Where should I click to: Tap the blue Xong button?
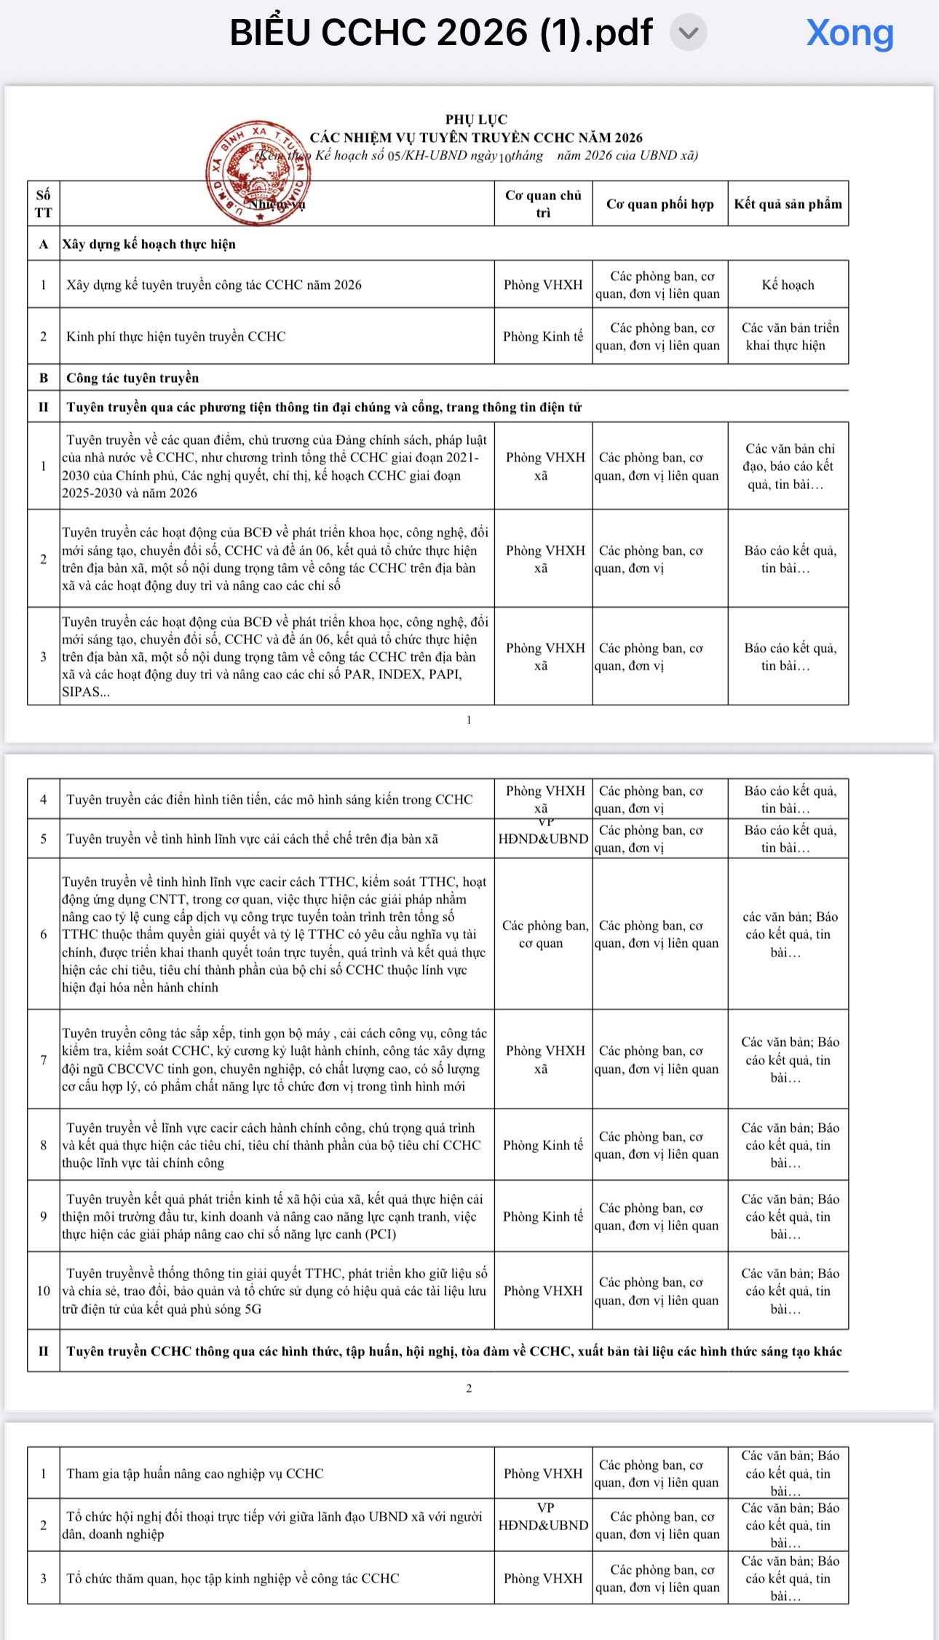pyautogui.click(x=849, y=33)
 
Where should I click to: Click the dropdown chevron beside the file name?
pyautogui.click(x=688, y=33)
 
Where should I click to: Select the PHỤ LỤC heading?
pyautogui.click(x=476, y=119)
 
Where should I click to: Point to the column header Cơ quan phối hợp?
pyautogui.click(x=659, y=204)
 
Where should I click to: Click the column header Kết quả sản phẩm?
pyautogui.click(x=788, y=204)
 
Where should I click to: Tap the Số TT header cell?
pyautogui.click(x=44, y=204)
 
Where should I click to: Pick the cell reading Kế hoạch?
pyautogui.click(x=788, y=285)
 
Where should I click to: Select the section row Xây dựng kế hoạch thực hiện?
pyautogui.click(x=149, y=244)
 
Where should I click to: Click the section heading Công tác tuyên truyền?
pyautogui.click(x=132, y=378)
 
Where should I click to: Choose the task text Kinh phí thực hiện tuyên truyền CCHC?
pyautogui.click(x=176, y=336)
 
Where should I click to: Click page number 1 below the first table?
pyautogui.click(x=469, y=720)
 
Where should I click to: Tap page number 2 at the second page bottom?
pyautogui.click(x=469, y=1388)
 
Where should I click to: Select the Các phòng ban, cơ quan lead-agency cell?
pyautogui.click(x=543, y=934)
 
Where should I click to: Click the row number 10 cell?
pyautogui.click(x=44, y=1291)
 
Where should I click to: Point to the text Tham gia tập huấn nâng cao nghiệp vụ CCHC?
pyautogui.click(x=195, y=1473)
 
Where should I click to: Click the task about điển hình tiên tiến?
pyautogui.click(x=269, y=799)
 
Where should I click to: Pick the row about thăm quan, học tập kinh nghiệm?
pyautogui.click(x=233, y=1578)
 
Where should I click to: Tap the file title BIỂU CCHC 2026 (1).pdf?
pyautogui.click(x=440, y=33)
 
